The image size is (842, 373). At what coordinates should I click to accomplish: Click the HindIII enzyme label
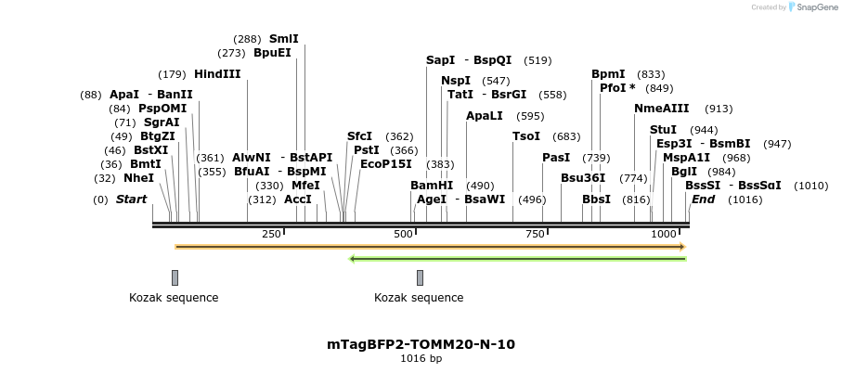point(217,74)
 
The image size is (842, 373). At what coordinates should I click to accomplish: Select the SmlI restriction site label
point(283,39)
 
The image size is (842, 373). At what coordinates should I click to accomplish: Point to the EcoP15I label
point(385,164)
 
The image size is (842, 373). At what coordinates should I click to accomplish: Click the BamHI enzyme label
point(432,186)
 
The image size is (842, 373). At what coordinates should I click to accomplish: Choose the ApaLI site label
point(485,116)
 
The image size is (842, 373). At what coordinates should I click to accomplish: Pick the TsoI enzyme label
point(525,136)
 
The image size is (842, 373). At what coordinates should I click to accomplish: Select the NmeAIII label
point(662,109)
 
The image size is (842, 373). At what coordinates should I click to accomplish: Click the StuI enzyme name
point(663,130)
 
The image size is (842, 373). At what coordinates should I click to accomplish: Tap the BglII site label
point(683,172)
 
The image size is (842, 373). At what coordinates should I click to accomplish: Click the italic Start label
point(131,199)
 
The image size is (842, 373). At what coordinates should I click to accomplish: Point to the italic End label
point(703,199)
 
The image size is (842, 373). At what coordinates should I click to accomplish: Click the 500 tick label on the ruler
point(403,234)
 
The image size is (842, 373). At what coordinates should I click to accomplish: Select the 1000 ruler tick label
point(664,234)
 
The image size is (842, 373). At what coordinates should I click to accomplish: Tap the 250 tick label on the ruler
point(271,234)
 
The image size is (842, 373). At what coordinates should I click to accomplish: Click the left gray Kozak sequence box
point(175,277)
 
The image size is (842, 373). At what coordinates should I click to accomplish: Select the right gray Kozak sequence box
point(420,277)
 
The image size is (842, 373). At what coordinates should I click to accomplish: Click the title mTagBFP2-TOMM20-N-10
point(421,344)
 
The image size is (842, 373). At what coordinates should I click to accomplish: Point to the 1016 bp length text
point(421,359)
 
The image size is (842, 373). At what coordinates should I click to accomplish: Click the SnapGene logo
point(809,7)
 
